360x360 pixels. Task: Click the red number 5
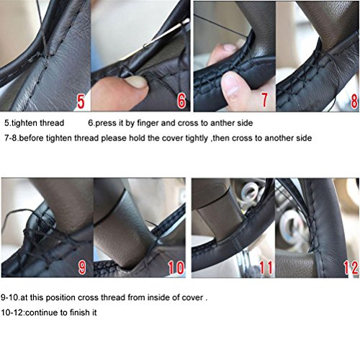[81, 101]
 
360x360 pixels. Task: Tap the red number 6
[181, 100]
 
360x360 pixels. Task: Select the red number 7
[264, 99]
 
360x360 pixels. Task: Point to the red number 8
[354, 101]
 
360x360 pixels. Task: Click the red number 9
[82, 267]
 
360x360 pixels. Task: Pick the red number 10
[176, 267]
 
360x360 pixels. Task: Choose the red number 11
[266, 267]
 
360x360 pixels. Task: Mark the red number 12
[351, 267]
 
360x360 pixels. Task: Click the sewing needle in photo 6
[166, 33]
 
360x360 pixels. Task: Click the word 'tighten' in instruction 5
[24, 123]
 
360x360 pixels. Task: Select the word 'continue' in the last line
[41, 312]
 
